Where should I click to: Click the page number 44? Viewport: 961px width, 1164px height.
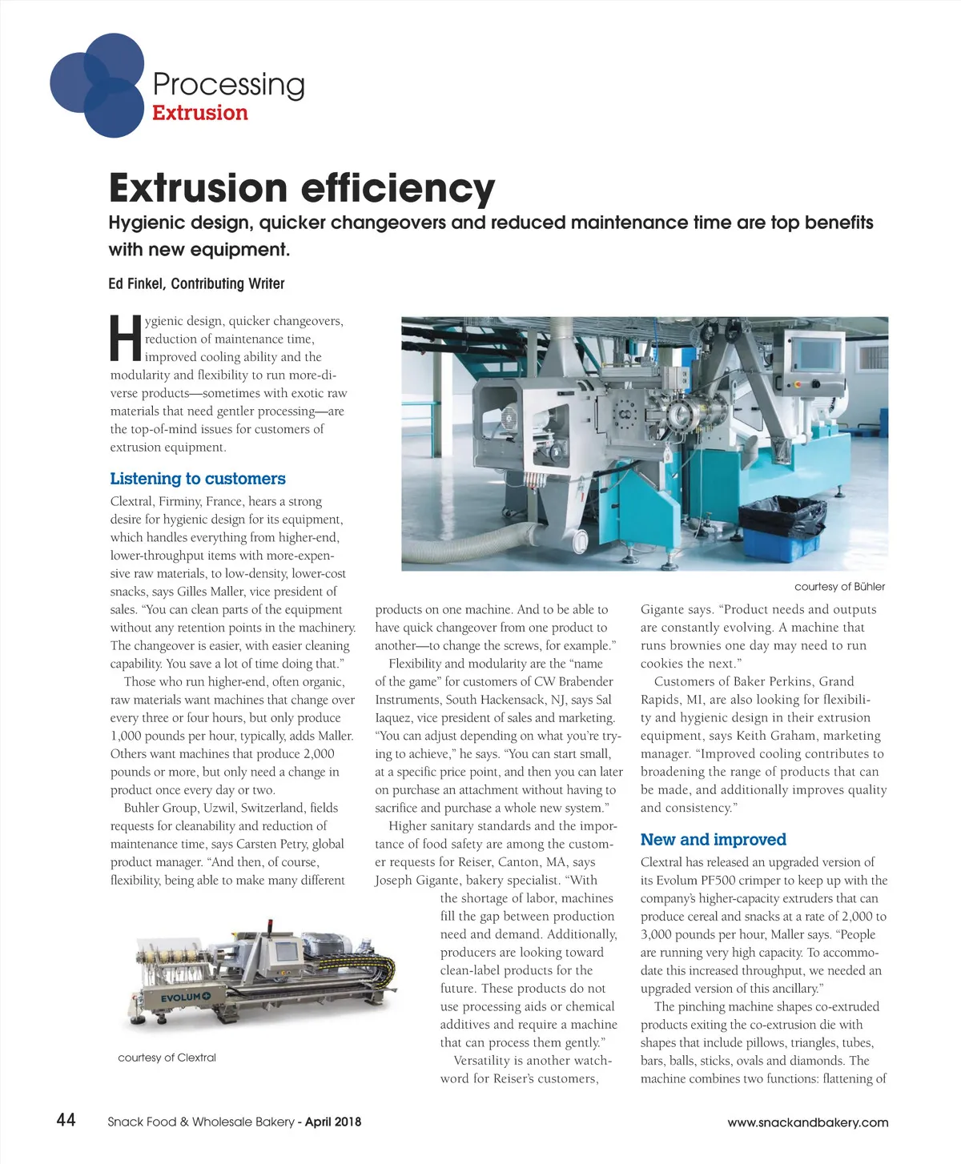[x=66, y=1119]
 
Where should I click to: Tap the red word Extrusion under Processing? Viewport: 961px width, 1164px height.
[x=199, y=113]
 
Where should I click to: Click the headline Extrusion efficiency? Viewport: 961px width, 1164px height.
[x=301, y=188]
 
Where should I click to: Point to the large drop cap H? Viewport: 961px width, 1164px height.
[x=126, y=338]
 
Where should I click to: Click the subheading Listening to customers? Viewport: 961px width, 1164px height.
[x=197, y=479]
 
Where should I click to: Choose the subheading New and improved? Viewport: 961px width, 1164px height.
[x=713, y=840]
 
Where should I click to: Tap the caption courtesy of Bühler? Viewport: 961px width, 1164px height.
[x=839, y=587]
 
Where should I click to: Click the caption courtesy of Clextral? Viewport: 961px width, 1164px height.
[x=167, y=1058]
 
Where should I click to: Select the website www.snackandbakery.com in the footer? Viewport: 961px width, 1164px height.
[x=807, y=1122]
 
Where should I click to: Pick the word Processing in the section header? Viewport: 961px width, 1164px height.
[x=228, y=84]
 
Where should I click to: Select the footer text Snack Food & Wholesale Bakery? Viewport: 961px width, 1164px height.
[x=201, y=1122]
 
